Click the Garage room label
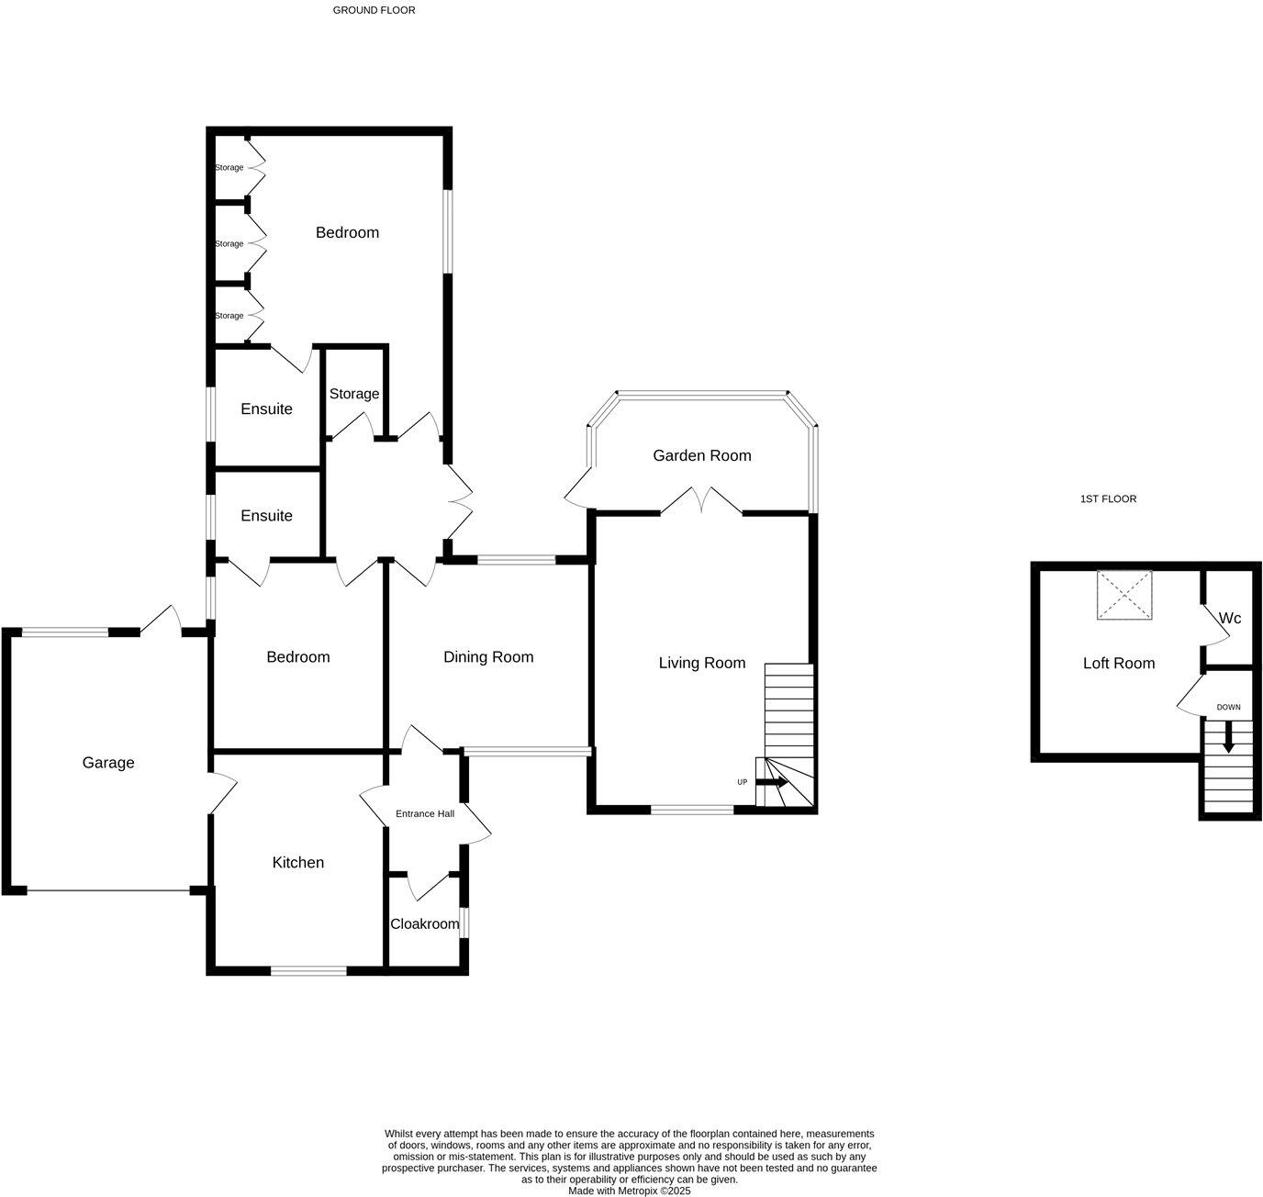coord(108,763)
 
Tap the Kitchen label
coord(298,863)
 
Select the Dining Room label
coord(488,657)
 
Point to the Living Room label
coord(702,663)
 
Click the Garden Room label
coord(702,455)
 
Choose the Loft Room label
coord(1119,664)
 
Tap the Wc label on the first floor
coord(1230,619)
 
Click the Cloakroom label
coord(425,924)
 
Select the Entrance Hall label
coord(425,814)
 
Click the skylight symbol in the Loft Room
coord(1124,595)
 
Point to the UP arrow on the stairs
coord(772,783)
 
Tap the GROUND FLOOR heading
coord(374,11)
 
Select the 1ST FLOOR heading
coord(1108,499)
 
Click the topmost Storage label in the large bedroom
coord(229,168)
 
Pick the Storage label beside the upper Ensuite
coord(354,394)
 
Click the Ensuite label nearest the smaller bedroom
coord(267,516)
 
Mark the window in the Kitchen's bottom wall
coord(308,970)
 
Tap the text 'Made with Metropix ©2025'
coord(629,1191)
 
